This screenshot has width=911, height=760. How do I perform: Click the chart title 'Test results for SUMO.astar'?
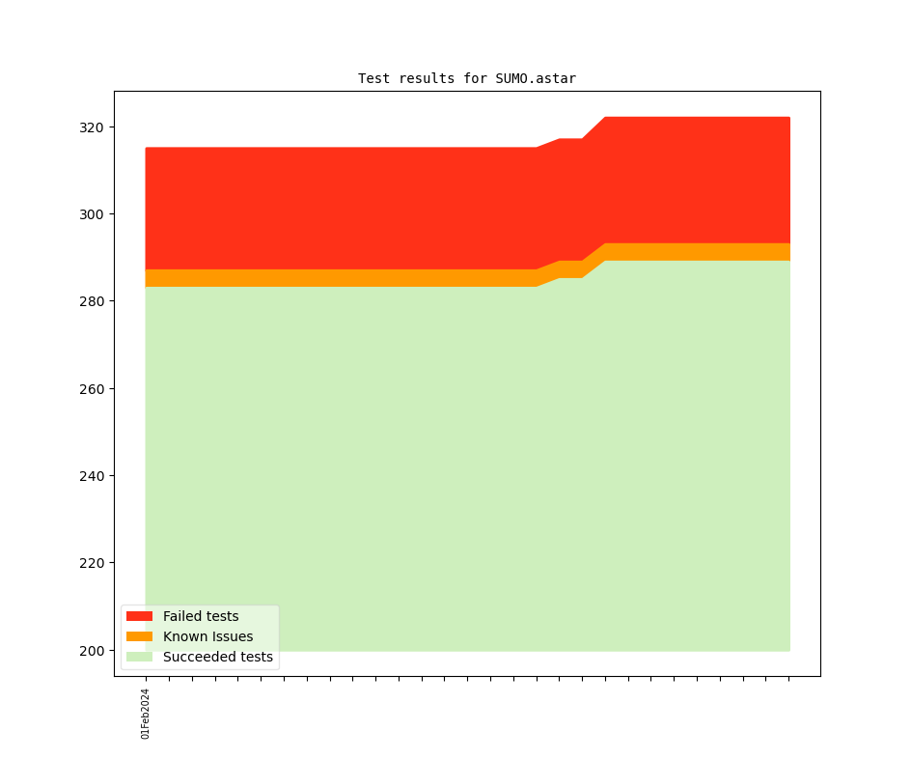click(466, 78)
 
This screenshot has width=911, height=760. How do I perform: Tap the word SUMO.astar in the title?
click(536, 78)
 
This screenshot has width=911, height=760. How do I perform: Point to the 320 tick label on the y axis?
click(92, 127)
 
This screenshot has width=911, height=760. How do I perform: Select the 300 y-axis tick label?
click(92, 214)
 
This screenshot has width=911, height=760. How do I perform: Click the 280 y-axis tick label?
click(92, 301)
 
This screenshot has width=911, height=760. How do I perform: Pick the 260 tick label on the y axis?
click(92, 389)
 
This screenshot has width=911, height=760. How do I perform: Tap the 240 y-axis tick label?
click(92, 476)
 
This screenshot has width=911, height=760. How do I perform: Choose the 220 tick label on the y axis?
click(92, 563)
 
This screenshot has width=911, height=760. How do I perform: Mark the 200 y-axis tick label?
click(92, 651)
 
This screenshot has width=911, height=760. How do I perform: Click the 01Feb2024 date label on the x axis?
click(146, 714)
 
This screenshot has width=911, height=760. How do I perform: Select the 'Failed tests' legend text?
click(201, 616)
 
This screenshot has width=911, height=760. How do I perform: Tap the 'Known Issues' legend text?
click(207, 636)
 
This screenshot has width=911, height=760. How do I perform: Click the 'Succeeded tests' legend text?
click(218, 658)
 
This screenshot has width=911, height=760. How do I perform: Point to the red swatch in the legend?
click(139, 616)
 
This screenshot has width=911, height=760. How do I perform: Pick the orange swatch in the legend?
click(139, 636)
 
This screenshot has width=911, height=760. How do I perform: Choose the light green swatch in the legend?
click(139, 658)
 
